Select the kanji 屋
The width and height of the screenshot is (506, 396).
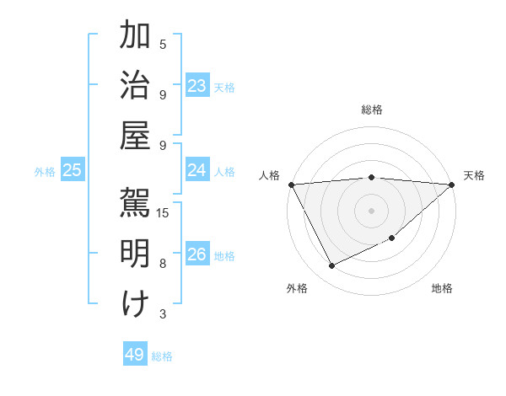(135, 135)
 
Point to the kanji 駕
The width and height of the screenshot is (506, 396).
(135, 202)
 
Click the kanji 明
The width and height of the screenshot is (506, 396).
(135, 253)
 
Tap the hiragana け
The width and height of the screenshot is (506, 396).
(135, 303)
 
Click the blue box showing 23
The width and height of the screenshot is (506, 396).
(197, 86)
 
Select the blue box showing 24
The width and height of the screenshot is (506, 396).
(197, 170)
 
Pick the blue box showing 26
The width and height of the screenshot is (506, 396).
(197, 254)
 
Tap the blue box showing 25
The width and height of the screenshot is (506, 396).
(72, 170)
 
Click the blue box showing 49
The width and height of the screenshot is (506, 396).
(135, 355)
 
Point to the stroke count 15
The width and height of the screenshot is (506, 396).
(164, 212)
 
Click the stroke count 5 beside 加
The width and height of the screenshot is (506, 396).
(163, 44)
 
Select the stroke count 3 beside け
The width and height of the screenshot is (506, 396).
(163, 314)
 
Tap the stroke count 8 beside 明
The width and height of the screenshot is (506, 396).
(163, 263)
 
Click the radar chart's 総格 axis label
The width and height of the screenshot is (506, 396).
(372, 110)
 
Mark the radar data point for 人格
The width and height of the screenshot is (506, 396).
(291, 185)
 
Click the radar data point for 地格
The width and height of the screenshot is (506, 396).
(393, 239)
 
